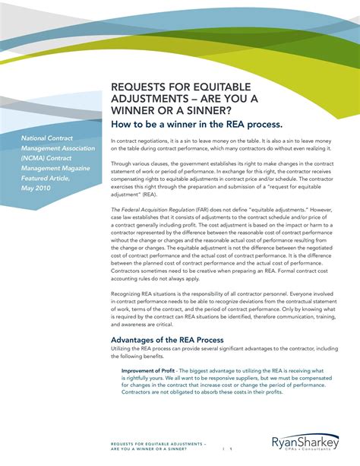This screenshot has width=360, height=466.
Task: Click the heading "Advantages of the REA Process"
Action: [166, 340]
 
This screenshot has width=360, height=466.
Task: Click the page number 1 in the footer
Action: [231, 449]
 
